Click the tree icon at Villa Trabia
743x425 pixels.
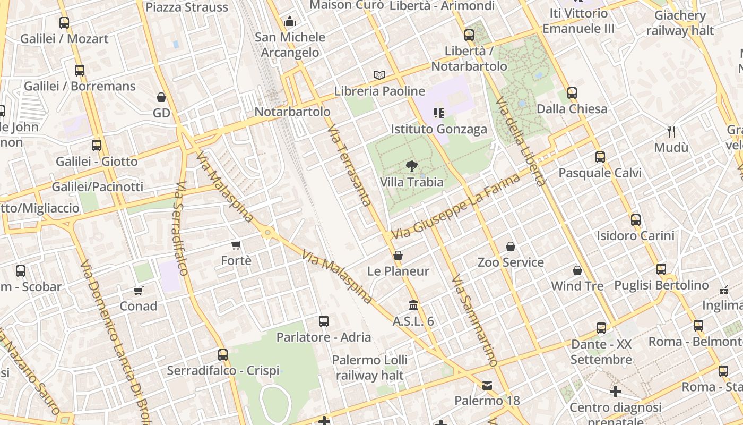coord(411,166)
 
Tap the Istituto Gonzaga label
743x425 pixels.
coord(438,129)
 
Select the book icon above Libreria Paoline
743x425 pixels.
coord(379,75)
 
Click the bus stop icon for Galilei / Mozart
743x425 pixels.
coord(64,23)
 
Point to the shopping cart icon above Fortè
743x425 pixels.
coord(236,245)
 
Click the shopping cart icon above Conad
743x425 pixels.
coord(139,291)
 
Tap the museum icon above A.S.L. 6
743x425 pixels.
coord(413,305)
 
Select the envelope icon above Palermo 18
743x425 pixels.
coord(487,385)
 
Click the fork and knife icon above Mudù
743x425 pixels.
coord(671,131)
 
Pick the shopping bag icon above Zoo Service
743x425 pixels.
coord(510,246)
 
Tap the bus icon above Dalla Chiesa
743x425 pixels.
coord(572,93)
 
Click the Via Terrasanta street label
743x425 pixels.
coord(349,166)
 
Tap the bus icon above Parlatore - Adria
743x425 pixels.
coord(324,321)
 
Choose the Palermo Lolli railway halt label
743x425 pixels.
coord(369,368)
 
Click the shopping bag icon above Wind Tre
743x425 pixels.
coord(577,270)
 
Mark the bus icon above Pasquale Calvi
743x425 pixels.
coord(600,157)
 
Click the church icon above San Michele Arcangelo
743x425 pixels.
coord(290,22)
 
